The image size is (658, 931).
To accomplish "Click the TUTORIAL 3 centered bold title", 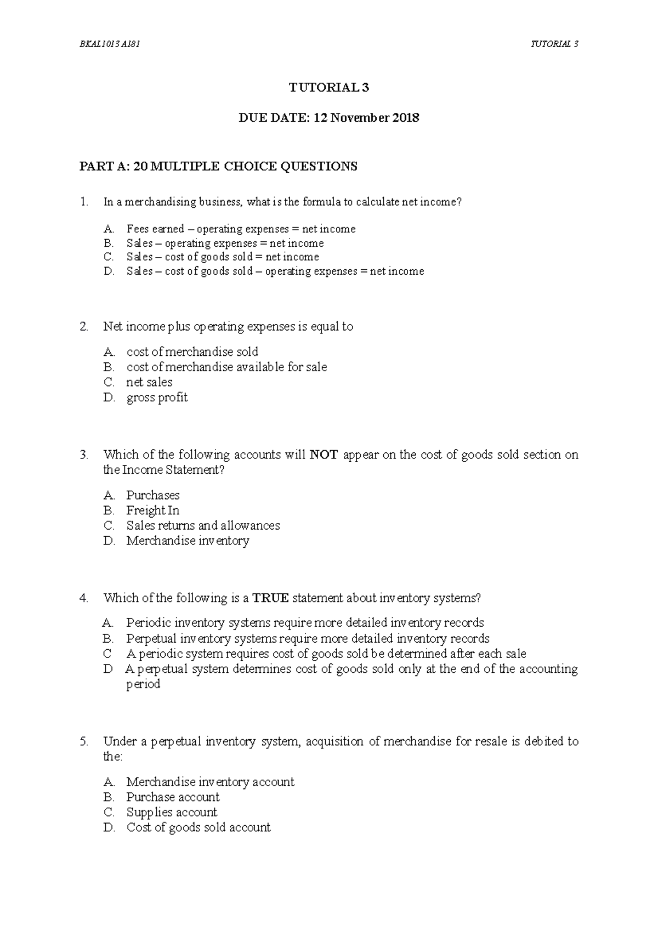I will point(329,88).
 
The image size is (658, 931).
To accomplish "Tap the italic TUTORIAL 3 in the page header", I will point(554,44).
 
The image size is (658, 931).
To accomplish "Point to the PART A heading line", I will point(218,166).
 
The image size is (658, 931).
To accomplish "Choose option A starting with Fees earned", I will point(241,229).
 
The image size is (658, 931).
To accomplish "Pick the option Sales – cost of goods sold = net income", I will point(222,257).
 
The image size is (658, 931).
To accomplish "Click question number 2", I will point(83,327).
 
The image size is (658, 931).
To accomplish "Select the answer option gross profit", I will point(157,398).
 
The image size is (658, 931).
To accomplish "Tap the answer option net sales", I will point(149,382).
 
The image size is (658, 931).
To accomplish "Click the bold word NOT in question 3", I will point(324,455).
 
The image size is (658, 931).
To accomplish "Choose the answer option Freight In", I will point(152,510).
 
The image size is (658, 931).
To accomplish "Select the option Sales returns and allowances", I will point(203,526).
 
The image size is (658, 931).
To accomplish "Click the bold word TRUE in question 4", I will point(270,598).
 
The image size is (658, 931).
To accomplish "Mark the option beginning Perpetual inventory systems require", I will point(307,639).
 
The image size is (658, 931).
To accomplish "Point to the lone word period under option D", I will point(143,684).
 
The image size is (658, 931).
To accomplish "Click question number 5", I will point(83,742).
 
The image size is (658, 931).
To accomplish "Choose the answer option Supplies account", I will point(172,813).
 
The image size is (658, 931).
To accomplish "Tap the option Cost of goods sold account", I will point(198,828).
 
